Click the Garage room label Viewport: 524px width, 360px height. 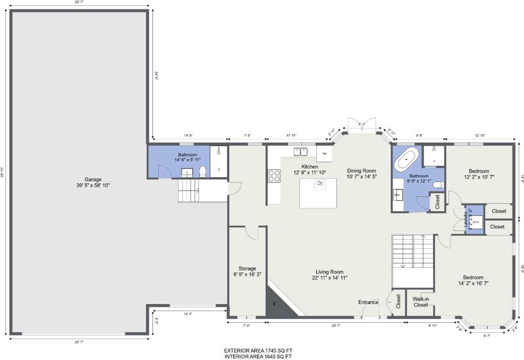(x=93, y=179)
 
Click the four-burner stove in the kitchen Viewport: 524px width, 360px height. (x=274, y=176)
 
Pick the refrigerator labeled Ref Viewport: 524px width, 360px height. (x=324, y=153)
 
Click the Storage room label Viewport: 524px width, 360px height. (x=247, y=268)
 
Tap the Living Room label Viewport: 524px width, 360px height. (x=329, y=272)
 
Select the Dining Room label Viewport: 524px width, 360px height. (x=361, y=171)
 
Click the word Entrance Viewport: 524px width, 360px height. (x=368, y=302)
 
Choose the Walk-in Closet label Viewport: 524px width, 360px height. (x=421, y=302)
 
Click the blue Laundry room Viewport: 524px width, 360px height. (x=474, y=220)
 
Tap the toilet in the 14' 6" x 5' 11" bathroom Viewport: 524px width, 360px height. (x=202, y=171)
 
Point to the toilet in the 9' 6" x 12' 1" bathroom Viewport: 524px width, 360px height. (x=438, y=185)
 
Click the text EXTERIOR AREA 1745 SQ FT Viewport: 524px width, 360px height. (x=258, y=350)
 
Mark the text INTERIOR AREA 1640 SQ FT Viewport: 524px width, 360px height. (x=258, y=356)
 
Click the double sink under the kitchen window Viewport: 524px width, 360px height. (x=300, y=151)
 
